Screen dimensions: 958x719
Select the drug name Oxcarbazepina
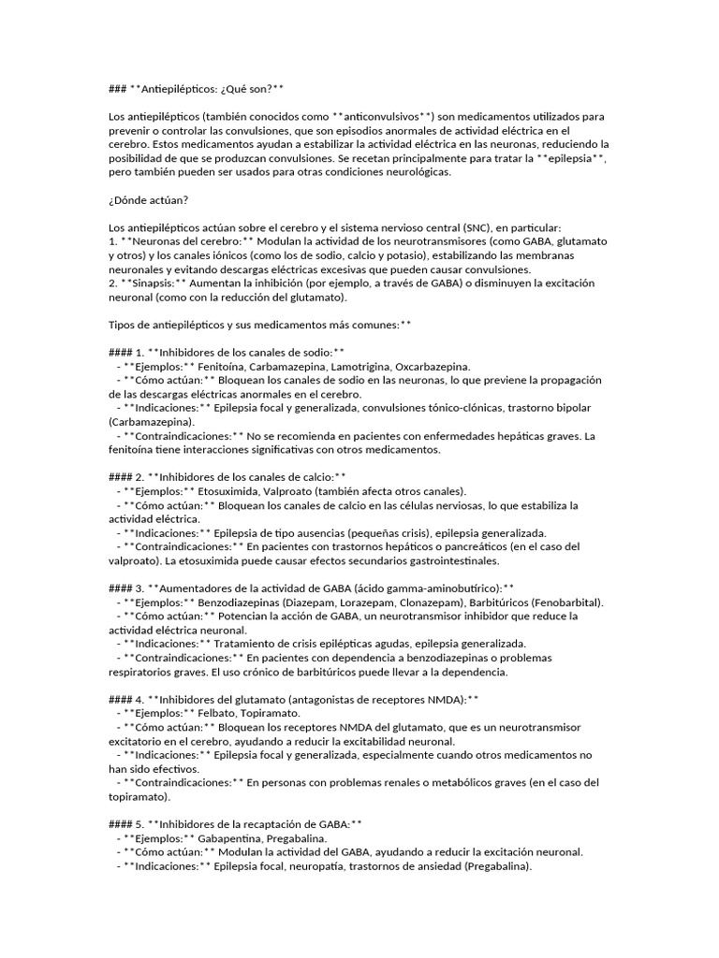433,367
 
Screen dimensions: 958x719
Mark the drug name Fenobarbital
565,602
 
